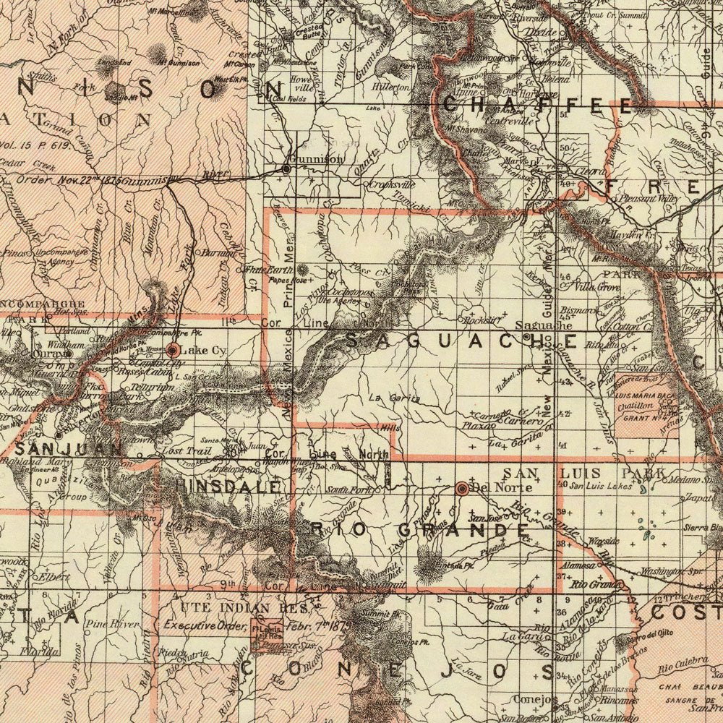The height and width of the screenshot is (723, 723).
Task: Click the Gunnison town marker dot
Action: coord(286,168)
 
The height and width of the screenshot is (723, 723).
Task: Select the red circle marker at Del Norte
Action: coord(461,488)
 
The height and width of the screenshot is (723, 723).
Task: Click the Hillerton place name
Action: coord(390,87)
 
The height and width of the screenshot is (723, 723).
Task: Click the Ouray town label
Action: coord(48,355)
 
